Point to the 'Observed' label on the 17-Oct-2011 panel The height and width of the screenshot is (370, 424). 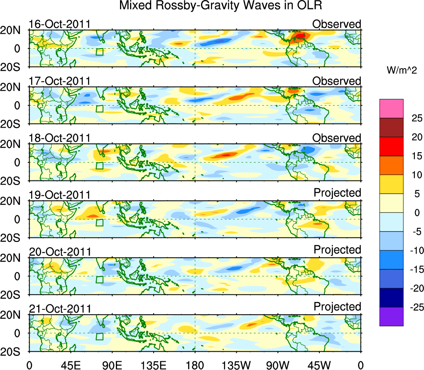337,81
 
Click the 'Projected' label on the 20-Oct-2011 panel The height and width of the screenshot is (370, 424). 337,250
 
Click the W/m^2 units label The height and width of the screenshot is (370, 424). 402,71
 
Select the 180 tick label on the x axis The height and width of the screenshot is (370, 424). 195,365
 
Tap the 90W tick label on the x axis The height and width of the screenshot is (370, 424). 278,365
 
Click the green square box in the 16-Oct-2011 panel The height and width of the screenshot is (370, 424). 99,52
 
